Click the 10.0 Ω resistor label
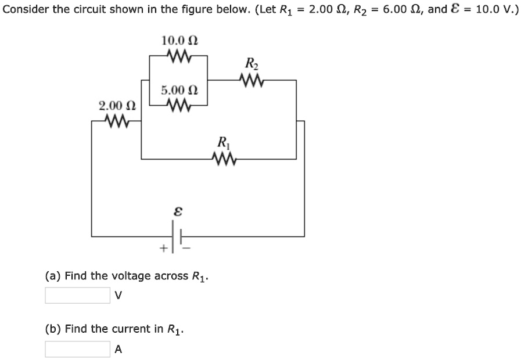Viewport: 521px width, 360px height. (x=179, y=41)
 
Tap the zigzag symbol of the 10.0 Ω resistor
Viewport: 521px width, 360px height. (x=178, y=56)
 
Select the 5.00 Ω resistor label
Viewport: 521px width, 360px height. (x=179, y=91)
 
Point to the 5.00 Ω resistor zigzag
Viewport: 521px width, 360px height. (x=178, y=105)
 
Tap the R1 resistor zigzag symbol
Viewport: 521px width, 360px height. (x=224, y=159)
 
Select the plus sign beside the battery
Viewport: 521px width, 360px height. (x=165, y=248)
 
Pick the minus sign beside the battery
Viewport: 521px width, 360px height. (x=188, y=248)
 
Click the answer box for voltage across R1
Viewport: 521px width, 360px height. (x=77, y=296)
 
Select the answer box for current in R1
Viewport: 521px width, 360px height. (x=77, y=349)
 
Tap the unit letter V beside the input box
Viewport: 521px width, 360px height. (x=118, y=296)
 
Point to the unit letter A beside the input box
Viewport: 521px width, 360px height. (x=118, y=349)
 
